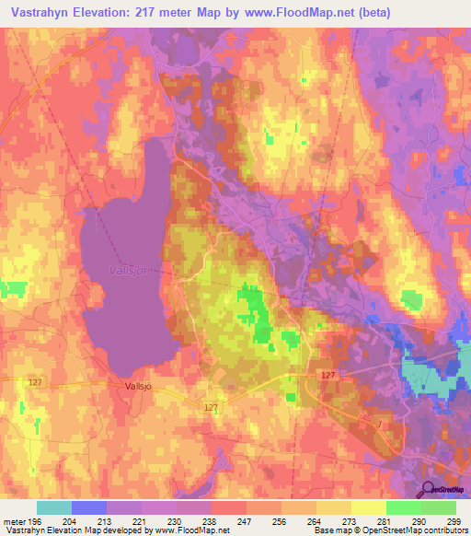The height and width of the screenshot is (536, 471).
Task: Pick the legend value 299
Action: coord(454,521)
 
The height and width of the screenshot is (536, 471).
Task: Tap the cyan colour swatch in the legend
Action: coord(54,507)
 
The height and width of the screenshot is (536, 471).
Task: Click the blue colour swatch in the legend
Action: coord(89,507)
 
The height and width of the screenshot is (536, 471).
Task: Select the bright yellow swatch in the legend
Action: coord(369,507)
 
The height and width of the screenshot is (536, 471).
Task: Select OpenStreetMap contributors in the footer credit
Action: coord(417,530)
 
